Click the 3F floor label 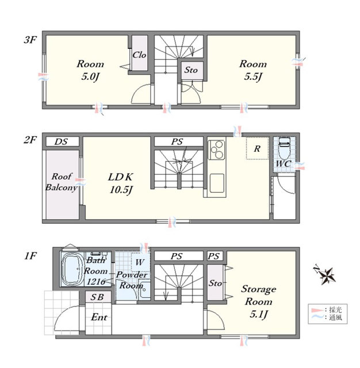click(30, 40)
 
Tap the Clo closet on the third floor click(140, 53)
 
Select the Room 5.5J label click(253, 70)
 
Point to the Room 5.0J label click(90, 70)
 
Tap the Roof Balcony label click(62, 182)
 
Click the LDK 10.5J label click(121, 183)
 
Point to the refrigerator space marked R click(258, 148)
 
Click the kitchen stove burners click(217, 149)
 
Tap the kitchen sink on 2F click(217, 183)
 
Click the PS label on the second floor click(177, 141)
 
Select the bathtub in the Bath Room click(72, 269)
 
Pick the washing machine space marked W click(140, 262)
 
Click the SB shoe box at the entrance click(98, 297)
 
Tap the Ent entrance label click(99, 317)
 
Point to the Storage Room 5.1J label click(259, 301)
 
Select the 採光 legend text click(336, 310)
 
